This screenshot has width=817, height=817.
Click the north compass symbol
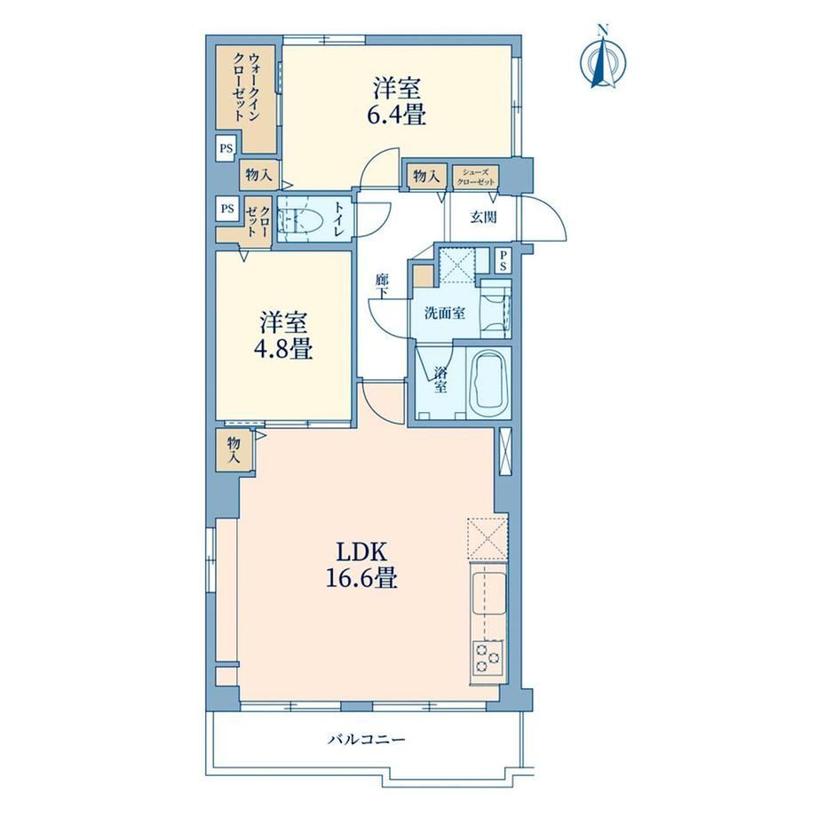603,58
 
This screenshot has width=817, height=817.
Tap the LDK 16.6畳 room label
361,565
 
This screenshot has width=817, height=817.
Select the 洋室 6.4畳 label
397,101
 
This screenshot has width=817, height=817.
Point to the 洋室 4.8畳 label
283,336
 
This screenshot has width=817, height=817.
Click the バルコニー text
366,739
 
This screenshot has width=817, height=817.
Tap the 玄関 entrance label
483,218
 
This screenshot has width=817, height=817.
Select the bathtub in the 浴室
488,383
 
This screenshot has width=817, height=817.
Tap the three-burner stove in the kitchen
488,657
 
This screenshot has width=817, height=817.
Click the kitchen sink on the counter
488,593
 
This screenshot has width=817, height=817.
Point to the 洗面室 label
444,313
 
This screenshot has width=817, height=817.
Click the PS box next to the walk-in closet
226,148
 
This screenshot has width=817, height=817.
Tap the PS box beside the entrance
503,260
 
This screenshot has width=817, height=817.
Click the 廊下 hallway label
383,286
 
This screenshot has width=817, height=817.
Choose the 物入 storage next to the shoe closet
426,176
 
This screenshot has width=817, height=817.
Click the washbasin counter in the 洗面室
495,310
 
